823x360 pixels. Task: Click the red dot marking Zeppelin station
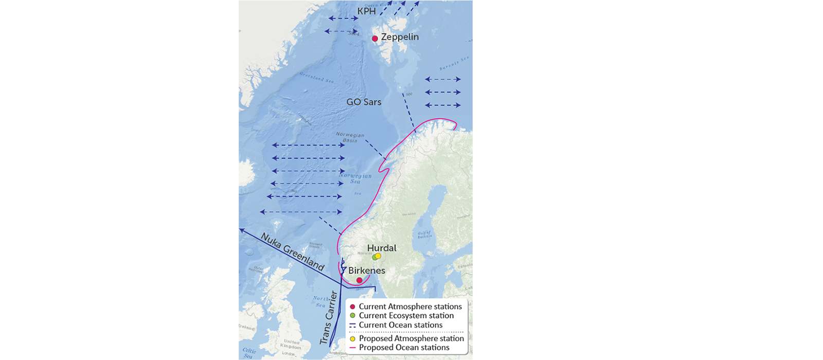click(x=375, y=39)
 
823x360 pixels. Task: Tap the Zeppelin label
click(x=400, y=37)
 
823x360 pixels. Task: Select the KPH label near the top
click(x=367, y=11)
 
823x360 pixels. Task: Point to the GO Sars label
click(x=364, y=102)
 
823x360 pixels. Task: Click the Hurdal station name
click(x=382, y=248)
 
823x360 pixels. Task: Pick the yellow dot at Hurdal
click(x=378, y=256)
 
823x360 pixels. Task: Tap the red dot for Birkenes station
click(x=360, y=280)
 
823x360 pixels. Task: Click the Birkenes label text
click(x=367, y=271)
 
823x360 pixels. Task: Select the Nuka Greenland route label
click(x=292, y=251)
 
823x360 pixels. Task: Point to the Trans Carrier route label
click(x=328, y=318)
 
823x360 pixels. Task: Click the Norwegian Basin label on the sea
click(x=350, y=137)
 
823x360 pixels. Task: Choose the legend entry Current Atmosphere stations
click(x=410, y=307)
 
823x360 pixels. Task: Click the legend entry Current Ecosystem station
click(x=406, y=316)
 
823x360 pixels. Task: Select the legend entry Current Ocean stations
click(x=400, y=325)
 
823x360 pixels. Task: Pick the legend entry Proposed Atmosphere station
click(x=411, y=338)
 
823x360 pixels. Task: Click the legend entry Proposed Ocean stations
click(x=404, y=348)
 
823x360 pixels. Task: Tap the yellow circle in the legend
click(x=352, y=339)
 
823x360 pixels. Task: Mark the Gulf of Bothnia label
click(x=425, y=235)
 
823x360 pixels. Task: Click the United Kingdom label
click(x=291, y=344)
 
